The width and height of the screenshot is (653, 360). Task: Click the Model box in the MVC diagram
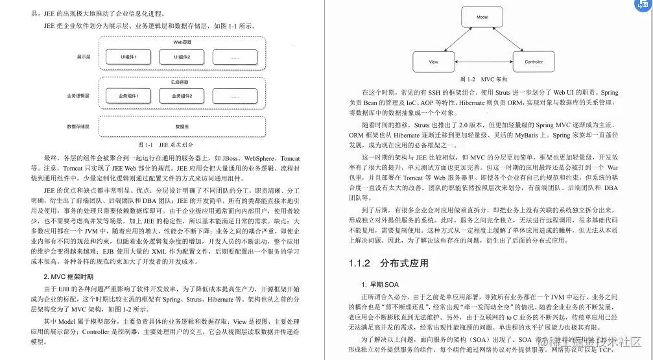(482, 18)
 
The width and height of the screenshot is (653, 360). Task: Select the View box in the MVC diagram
(433, 62)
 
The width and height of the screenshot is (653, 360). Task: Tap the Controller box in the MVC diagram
(533, 62)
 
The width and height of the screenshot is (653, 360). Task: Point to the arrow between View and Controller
(483, 62)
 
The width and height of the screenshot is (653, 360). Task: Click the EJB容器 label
(180, 83)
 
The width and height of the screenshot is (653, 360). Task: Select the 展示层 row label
(82, 57)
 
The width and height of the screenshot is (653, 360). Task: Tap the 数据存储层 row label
(78, 126)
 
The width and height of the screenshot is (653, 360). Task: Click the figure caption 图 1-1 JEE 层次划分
(166, 145)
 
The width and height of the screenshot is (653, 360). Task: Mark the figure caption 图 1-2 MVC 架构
(484, 78)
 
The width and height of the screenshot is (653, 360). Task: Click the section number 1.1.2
(359, 263)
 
